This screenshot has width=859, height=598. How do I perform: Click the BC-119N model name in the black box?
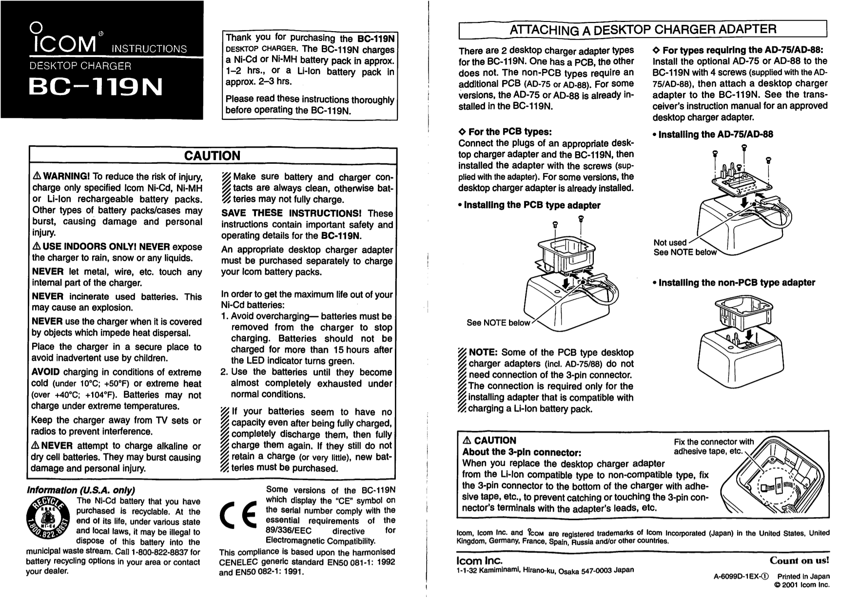96,88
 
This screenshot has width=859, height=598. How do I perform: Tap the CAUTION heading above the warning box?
212,156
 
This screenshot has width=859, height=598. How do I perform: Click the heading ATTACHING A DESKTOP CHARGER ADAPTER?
643,29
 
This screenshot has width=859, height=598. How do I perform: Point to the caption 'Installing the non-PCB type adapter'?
736,283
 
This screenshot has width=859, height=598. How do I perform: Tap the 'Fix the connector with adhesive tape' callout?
713,447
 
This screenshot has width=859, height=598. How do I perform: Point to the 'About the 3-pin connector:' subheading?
521,452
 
